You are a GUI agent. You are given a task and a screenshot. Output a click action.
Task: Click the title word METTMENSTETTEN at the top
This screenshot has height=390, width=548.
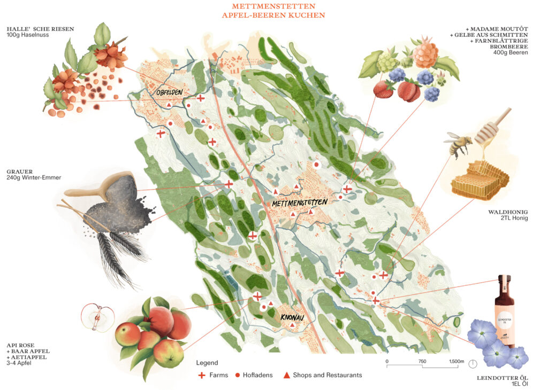tap(273, 6)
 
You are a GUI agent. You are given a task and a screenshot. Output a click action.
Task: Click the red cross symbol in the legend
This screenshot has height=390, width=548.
tap(202, 375)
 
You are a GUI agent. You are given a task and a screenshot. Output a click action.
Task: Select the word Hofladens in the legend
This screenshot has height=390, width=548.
tap(258, 375)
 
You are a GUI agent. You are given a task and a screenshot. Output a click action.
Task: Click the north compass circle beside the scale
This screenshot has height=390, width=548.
tap(473, 364)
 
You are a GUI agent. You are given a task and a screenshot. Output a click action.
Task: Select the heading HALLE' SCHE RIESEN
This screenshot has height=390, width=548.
tap(40, 29)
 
